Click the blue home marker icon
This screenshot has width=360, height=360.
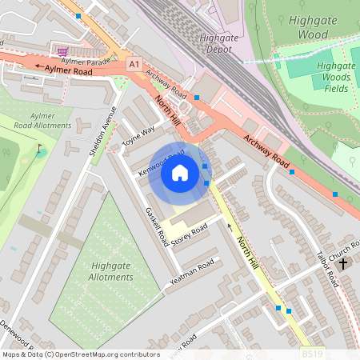coord(180,173)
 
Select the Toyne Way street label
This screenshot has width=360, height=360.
coord(138,138)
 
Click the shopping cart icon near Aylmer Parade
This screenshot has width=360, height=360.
coord(62,50)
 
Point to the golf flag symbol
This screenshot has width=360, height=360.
coord(40,149)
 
